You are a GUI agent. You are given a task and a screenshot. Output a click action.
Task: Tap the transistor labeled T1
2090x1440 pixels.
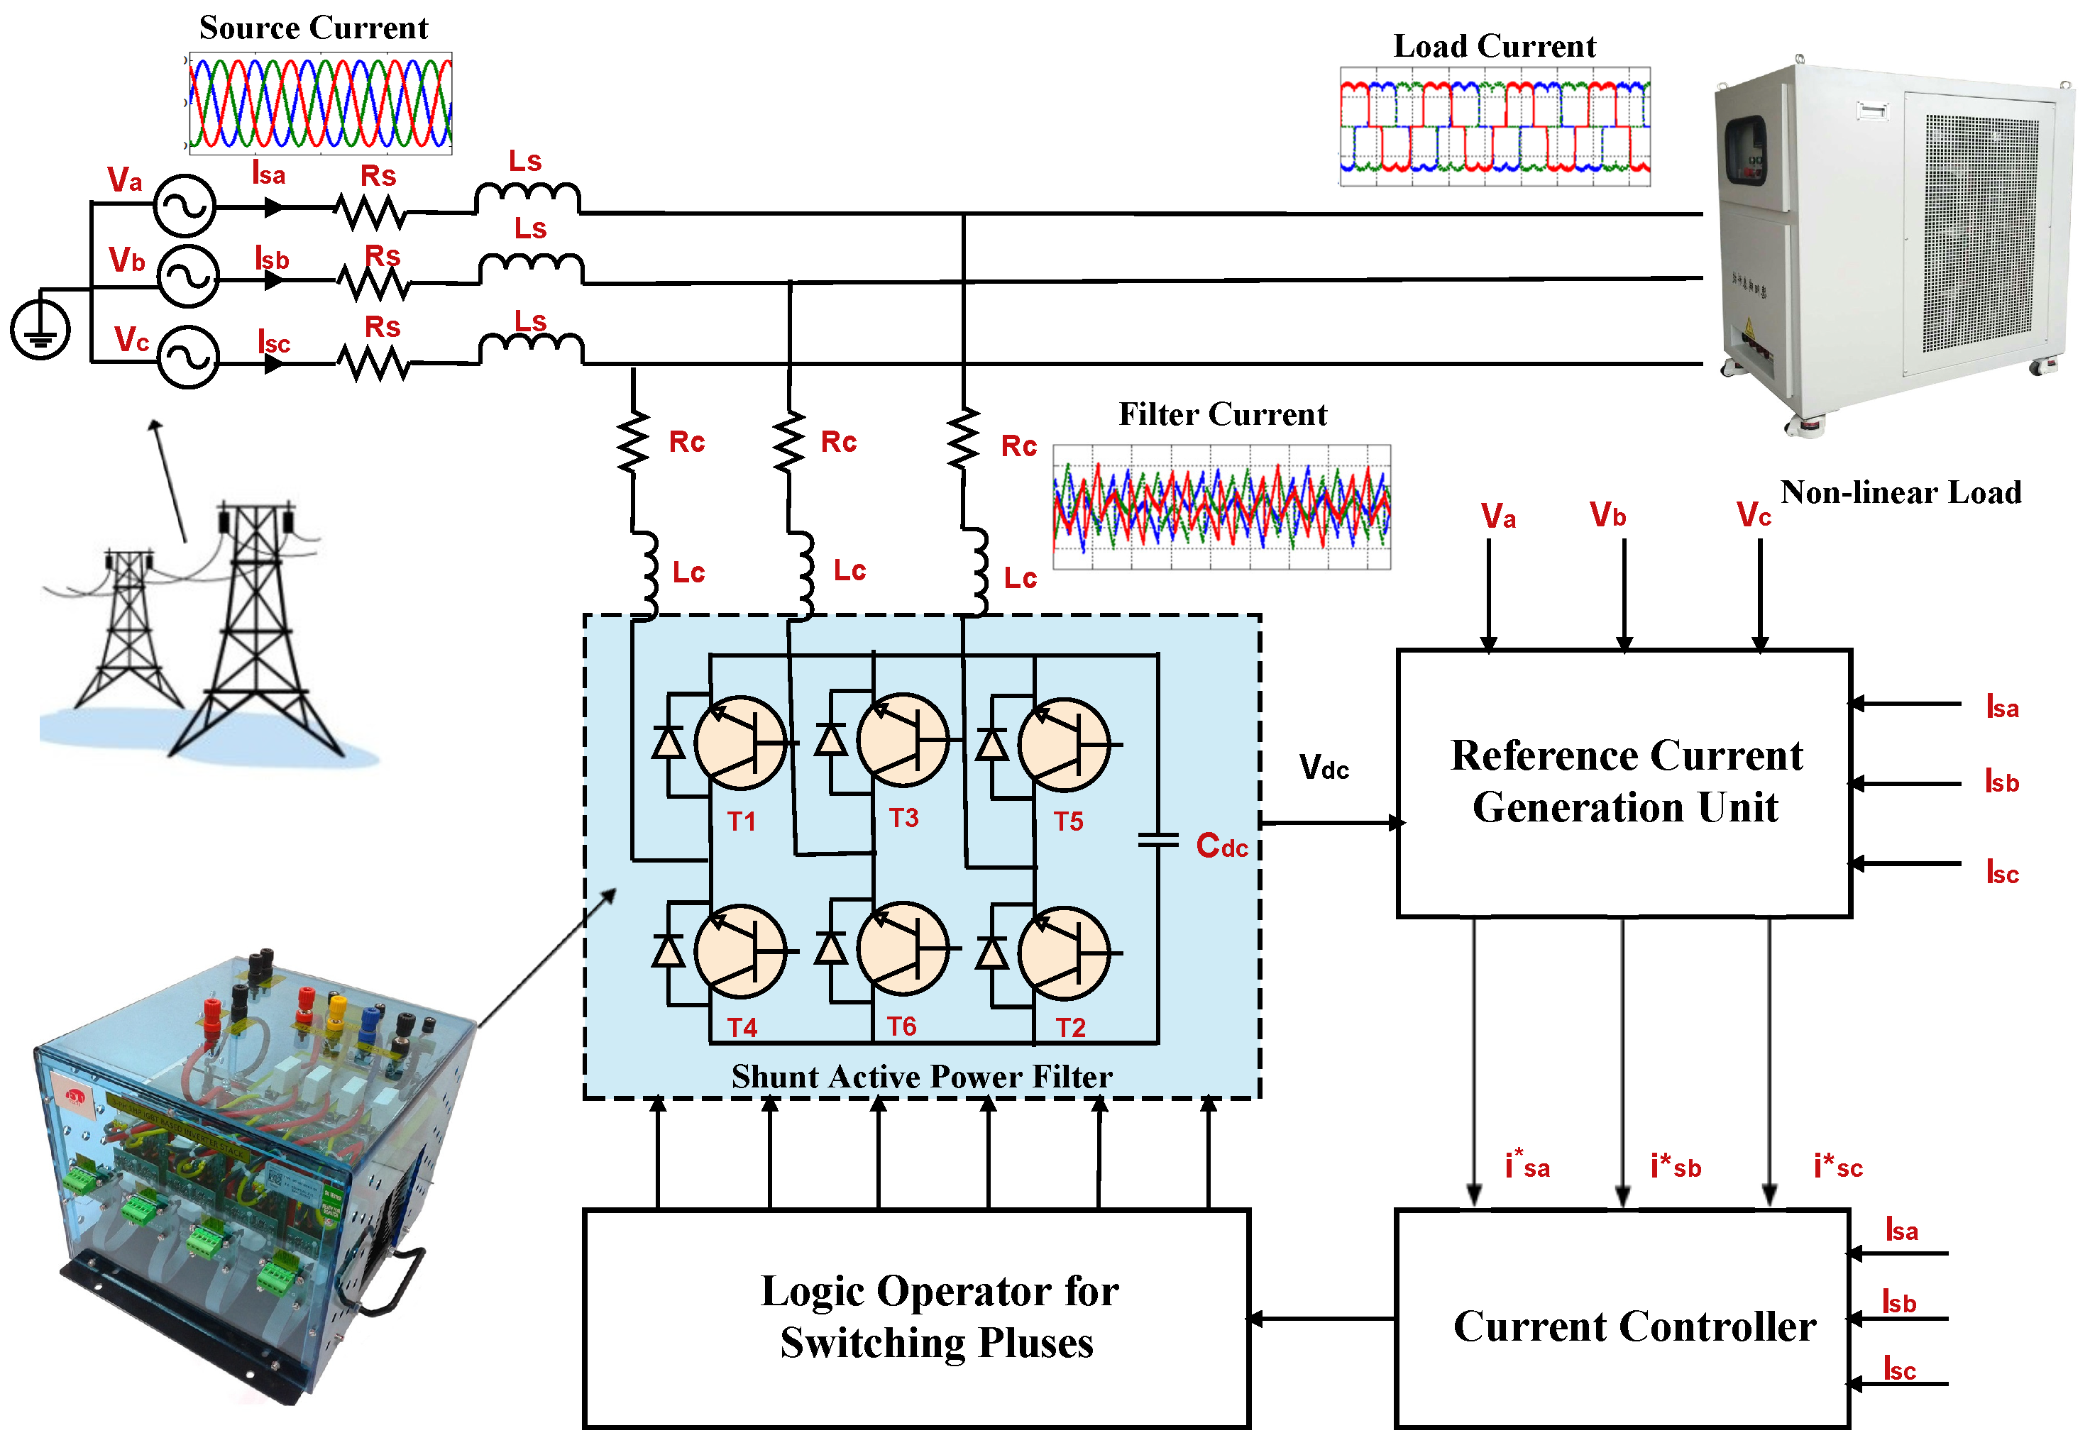(741, 743)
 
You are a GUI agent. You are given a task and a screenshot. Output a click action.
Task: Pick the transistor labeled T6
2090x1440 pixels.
(903, 949)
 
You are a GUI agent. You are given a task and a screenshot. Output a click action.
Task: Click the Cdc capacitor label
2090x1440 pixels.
(1221, 846)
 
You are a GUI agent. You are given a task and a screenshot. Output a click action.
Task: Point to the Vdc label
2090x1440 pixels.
(1323, 768)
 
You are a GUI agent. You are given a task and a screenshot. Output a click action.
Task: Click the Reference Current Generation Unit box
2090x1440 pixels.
(1624, 782)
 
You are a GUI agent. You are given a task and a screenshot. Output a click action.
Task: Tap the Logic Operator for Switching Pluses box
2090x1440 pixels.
(916, 1318)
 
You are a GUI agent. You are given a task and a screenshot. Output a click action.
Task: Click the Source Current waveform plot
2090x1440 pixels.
(319, 103)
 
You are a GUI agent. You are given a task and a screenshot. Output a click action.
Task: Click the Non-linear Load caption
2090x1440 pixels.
(1900, 492)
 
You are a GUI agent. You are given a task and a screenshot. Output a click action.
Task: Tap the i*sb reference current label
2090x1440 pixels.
(1675, 1167)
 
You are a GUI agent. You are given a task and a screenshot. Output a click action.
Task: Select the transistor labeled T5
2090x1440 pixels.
(1065, 743)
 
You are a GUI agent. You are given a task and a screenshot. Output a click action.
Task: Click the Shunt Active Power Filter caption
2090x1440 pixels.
(921, 1076)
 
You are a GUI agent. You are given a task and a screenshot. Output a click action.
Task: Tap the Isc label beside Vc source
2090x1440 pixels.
(273, 343)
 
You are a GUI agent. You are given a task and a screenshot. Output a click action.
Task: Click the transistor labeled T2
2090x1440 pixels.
(1065, 952)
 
